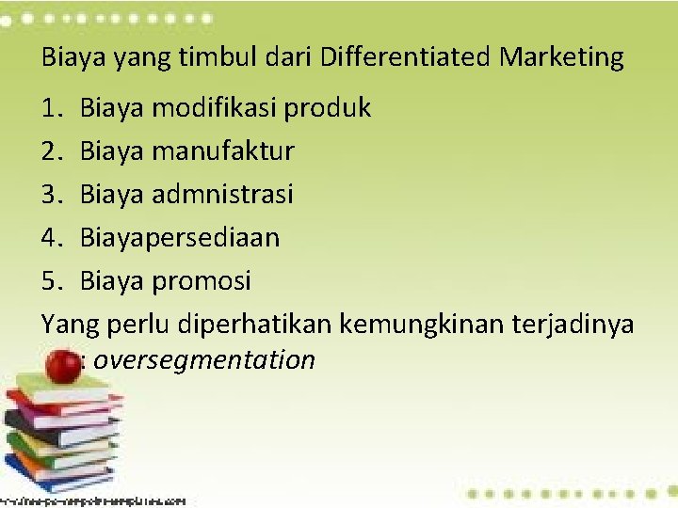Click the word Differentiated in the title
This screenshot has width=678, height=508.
405,57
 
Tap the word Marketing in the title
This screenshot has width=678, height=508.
562,58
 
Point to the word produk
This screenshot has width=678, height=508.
331,108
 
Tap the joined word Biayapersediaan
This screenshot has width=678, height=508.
180,237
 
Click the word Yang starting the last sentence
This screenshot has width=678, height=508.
62,324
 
